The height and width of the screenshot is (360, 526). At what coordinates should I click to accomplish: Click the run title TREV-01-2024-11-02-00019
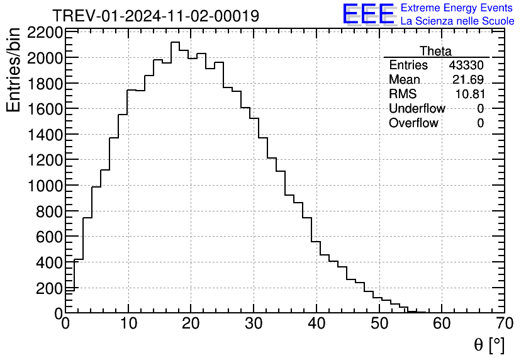tap(155, 16)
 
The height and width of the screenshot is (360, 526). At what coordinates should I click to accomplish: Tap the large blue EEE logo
tap(368, 14)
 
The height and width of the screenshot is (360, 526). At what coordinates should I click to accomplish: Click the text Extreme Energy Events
tap(457, 8)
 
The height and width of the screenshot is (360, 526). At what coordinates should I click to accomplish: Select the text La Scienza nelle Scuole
tap(457, 21)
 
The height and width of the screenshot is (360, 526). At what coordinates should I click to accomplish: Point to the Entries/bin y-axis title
tap(13, 70)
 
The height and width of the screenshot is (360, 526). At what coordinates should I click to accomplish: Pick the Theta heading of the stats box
tap(435, 51)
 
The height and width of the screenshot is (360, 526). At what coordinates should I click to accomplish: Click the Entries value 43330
tap(466, 65)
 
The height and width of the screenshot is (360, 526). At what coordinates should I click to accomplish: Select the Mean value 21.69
tap(468, 80)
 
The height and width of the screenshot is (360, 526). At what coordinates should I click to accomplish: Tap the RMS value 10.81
tap(469, 94)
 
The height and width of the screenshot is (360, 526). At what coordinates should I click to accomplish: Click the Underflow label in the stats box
tap(417, 109)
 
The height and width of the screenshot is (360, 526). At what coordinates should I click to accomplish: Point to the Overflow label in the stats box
tap(413, 123)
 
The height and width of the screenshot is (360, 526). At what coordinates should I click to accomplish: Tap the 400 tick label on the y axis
tap(50, 262)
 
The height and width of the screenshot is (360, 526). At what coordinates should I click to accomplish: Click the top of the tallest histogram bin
tap(176, 42)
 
